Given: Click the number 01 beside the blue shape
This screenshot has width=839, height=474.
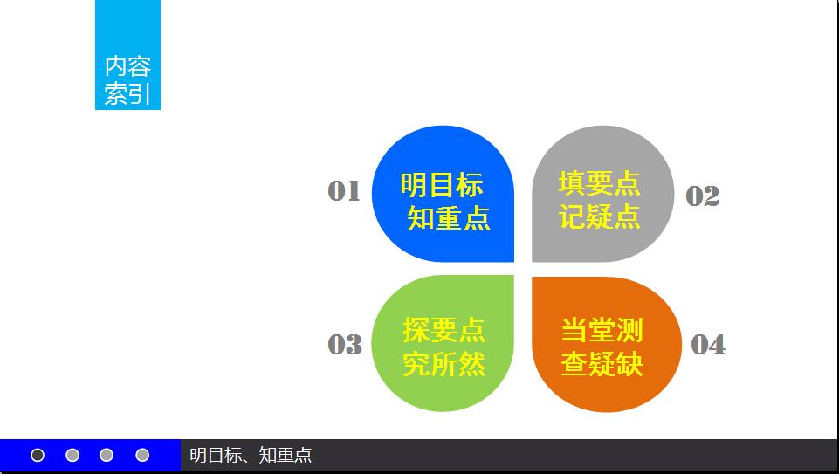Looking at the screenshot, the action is (343, 191).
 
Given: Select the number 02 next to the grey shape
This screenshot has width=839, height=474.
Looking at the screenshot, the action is (703, 196).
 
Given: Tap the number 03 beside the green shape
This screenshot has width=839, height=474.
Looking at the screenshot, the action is (345, 344).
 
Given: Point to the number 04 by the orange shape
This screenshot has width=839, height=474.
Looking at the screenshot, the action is (708, 345).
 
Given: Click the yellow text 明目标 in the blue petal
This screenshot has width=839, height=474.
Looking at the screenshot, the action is (442, 185).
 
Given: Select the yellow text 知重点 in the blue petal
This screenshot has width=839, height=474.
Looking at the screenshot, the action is (449, 218).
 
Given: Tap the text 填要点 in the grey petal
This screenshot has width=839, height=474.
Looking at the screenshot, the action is (599, 183).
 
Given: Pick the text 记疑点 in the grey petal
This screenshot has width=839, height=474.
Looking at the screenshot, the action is (599, 216).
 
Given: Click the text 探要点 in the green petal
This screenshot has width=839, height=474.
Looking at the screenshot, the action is (444, 330).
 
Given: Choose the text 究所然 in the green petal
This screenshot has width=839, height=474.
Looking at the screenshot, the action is (444, 364).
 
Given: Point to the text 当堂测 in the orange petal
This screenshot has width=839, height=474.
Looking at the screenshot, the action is (602, 330).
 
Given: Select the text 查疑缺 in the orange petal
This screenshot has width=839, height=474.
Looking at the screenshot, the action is (602, 364).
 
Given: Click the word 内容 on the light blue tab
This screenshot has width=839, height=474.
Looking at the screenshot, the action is (127, 66).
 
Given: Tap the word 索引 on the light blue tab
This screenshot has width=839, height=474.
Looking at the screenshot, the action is (127, 94).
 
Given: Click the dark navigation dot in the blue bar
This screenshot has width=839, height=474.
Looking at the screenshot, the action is (38, 456).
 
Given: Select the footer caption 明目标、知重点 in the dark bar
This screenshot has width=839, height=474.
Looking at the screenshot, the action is (251, 456).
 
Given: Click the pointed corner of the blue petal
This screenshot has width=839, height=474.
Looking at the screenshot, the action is (513, 261).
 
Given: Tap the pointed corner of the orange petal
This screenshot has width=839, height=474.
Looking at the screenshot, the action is (533, 278).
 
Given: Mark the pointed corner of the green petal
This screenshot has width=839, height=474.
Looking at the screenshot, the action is (513, 276).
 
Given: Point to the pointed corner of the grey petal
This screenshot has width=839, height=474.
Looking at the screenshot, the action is (533, 261).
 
